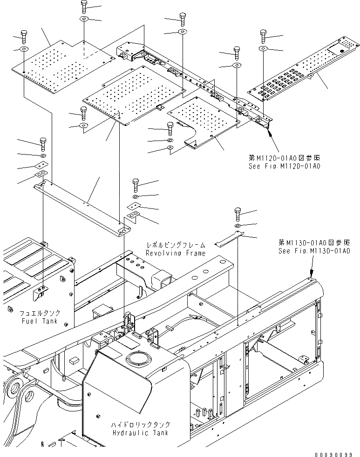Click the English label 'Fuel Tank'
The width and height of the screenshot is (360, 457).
pos(40,321)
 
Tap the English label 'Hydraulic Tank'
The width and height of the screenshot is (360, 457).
pos(140,432)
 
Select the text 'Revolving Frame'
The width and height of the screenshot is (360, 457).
pos(175,253)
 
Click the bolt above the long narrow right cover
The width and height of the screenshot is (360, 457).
pos(263,35)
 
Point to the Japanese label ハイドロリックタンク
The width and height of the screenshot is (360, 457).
pos(140,425)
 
